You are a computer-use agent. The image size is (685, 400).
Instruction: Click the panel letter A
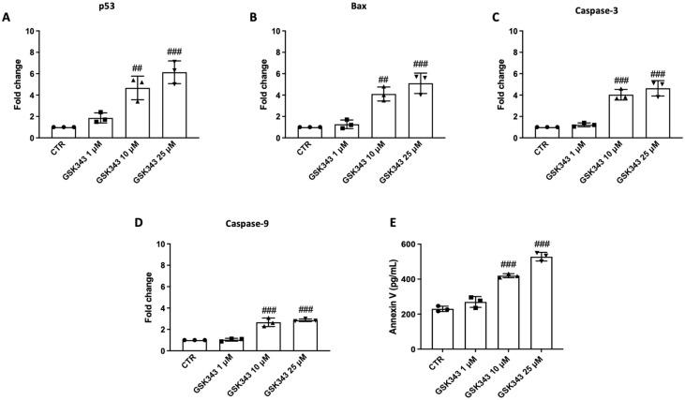point(7,17)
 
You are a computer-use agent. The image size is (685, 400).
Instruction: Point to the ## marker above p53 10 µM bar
point(137,67)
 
